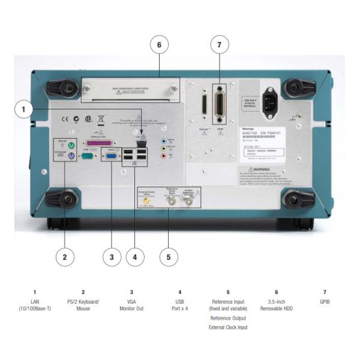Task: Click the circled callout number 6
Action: tap(160, 46)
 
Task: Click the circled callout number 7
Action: tap(220, 46)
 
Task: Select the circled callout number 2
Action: tap(65, 257)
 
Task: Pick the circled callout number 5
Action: tap(169, 257)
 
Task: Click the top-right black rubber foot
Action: tap(293, 89)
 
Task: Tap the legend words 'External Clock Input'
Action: tap(228, 327)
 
